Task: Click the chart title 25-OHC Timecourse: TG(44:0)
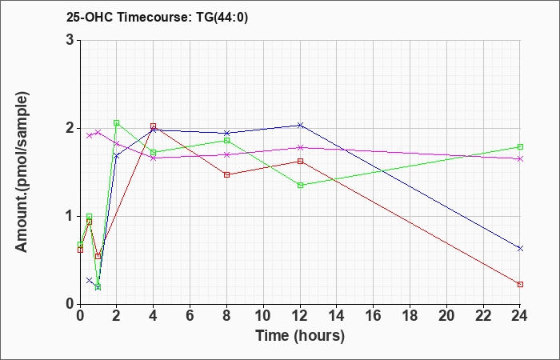pos(157,17)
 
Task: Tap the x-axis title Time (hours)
pos(300,336)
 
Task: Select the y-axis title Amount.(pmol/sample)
pos(22,172)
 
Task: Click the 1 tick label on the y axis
pos(70,217)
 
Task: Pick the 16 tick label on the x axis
pos(374,316)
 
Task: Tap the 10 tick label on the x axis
pos(263,316)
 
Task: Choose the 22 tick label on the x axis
pos(483,316)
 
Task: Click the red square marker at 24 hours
pos(520,284)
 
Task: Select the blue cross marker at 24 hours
pos(520,248)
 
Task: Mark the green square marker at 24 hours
pos(520,146)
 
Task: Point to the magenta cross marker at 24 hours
pos(520,159)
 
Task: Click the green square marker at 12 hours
pos(300,185)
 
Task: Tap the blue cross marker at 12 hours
pos(300,125)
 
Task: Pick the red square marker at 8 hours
pos(226,174)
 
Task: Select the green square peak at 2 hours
pos(117,123)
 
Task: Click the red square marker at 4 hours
pos(154,126)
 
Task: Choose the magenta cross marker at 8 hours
pos(226,154)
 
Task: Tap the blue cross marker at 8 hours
pos(226,134)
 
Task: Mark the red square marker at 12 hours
pos(300,161)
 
